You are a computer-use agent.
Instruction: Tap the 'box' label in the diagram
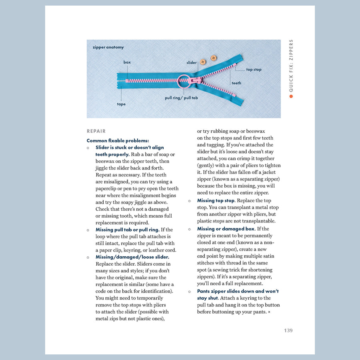click(127, 62)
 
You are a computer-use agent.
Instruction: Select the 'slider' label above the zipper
click(192, 63)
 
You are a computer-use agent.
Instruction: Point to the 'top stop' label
click(254, 70)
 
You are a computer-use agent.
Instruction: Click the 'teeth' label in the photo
click(236, 83)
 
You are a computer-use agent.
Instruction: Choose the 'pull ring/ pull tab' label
click(181, 98)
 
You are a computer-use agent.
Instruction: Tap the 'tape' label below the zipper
click(121, 104)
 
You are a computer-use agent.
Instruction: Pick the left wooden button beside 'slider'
click(203, 62)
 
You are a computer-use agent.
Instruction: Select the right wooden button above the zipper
click(214, 58)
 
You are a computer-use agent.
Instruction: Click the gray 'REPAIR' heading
click(96, 131)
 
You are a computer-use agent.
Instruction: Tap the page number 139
click(288, 330)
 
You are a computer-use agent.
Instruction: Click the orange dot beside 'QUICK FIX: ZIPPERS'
click(291, 96)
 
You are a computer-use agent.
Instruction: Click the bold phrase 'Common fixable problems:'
click(118, 141)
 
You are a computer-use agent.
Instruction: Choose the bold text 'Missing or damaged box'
click(226, 229)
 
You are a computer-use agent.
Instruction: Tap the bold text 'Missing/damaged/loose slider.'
click(132, 257)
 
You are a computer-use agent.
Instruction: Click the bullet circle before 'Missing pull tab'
click(88, 230)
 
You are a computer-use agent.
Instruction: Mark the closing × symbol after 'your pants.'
click(269, 312)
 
